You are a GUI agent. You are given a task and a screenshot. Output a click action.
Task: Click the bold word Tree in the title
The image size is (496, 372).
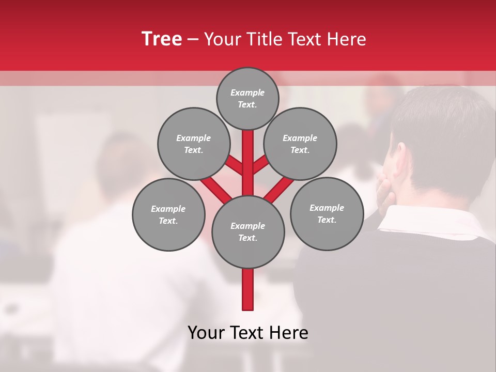click(162, 39)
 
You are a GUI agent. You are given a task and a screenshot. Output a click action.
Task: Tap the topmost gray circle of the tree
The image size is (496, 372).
click(247, 98)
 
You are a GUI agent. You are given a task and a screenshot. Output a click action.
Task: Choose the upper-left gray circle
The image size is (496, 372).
click(193, 144)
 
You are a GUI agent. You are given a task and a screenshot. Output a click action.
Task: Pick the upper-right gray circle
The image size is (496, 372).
click(300, 144)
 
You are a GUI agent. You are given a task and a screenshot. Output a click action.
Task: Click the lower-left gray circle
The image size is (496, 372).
click(168, 214)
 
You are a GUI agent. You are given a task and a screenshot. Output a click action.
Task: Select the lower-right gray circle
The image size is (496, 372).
click(327, 213)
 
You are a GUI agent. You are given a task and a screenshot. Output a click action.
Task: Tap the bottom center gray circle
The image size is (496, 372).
click(248, 231)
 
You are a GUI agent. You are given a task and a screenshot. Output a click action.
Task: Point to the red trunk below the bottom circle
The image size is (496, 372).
click(248, 289)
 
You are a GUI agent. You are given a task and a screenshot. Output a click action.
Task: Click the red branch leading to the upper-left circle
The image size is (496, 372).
click(234, 166)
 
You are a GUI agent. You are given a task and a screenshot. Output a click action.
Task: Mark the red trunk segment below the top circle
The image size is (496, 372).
click(248, 155)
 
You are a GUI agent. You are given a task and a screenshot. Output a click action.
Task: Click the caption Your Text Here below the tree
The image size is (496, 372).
click(248, 333)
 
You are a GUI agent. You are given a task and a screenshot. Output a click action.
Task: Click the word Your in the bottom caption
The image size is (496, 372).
click(206, 333)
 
